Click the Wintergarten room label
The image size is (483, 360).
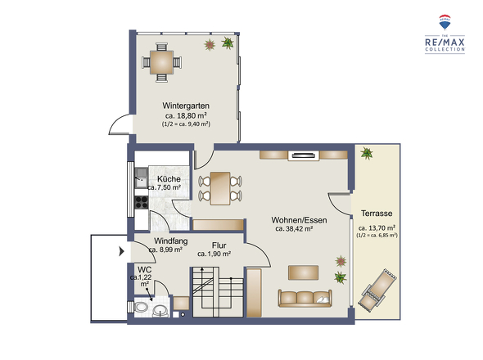click(186, 106)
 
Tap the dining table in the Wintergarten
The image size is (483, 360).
click(162, 62)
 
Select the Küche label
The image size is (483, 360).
click(169, 178)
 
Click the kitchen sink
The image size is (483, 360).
click(142, 178)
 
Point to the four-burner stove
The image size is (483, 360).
click(142, 202)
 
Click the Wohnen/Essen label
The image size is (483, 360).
click(299, 220)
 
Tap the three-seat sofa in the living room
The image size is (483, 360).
click(305, 298)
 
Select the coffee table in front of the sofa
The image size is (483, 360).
click(304, 272)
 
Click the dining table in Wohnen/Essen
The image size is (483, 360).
click(220, 188)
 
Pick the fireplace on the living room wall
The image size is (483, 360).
click(304, 155)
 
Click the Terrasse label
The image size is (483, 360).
click(377, 213)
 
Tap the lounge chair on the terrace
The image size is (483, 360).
click(377, 290)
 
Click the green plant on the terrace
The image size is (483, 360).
click(367, 153)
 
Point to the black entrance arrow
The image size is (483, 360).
click(122, 251)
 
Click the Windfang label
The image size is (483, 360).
click(171, 241)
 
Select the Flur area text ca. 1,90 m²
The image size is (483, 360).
click(214, 254)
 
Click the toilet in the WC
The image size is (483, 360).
click(141, 307)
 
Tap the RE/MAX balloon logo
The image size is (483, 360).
click(445, 22)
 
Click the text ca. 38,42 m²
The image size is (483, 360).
click(294, 229)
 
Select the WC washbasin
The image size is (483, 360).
click(160, 311)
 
